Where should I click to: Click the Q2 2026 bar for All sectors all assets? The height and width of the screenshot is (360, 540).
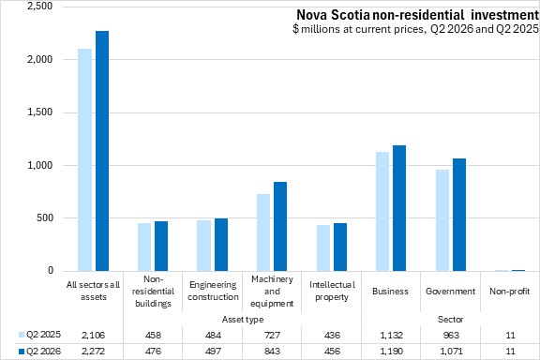(102, 151)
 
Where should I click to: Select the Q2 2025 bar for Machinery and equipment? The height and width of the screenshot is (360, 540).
(263, 232)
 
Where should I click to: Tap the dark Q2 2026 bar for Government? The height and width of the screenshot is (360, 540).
(459, 215)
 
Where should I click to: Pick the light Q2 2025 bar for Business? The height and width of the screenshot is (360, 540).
(382, 211)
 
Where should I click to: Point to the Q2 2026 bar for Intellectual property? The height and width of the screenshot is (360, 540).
(340, 247)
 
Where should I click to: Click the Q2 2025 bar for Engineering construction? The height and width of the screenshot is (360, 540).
(203, 246)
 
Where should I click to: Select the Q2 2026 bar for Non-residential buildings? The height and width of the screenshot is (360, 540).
(161, 246)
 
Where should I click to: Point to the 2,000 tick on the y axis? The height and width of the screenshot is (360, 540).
(40, 59)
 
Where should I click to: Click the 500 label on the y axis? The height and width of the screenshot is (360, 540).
(45, 217)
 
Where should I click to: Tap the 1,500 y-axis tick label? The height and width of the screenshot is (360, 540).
(40, 112)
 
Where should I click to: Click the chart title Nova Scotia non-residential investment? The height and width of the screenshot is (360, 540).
(418, 15)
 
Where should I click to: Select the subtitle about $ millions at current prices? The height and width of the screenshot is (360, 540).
(415, 29)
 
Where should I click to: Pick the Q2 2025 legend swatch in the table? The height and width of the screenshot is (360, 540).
(22, 335)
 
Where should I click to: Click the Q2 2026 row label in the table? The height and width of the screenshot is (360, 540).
(43, 352)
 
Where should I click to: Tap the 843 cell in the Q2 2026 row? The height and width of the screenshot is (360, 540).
(272, 352)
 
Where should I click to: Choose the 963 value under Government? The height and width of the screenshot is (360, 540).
(451, 335)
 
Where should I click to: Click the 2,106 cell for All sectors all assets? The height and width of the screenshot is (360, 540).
(94, 335)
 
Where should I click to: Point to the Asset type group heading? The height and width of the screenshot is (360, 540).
(243, 320)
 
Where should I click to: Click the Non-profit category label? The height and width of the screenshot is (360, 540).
(510, 292)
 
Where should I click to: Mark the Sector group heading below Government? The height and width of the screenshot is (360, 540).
(450, 320)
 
